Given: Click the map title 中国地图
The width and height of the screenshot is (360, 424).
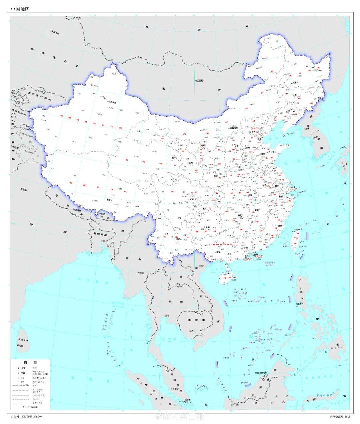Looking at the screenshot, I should click(x=20, y=9).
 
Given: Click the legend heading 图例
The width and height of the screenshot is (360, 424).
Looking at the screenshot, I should click(x=30, y=362).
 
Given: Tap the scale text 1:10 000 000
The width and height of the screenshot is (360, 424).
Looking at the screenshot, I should click(x=30, y=407).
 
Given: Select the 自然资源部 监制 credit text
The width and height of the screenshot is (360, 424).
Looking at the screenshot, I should click(x=340, y=417).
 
